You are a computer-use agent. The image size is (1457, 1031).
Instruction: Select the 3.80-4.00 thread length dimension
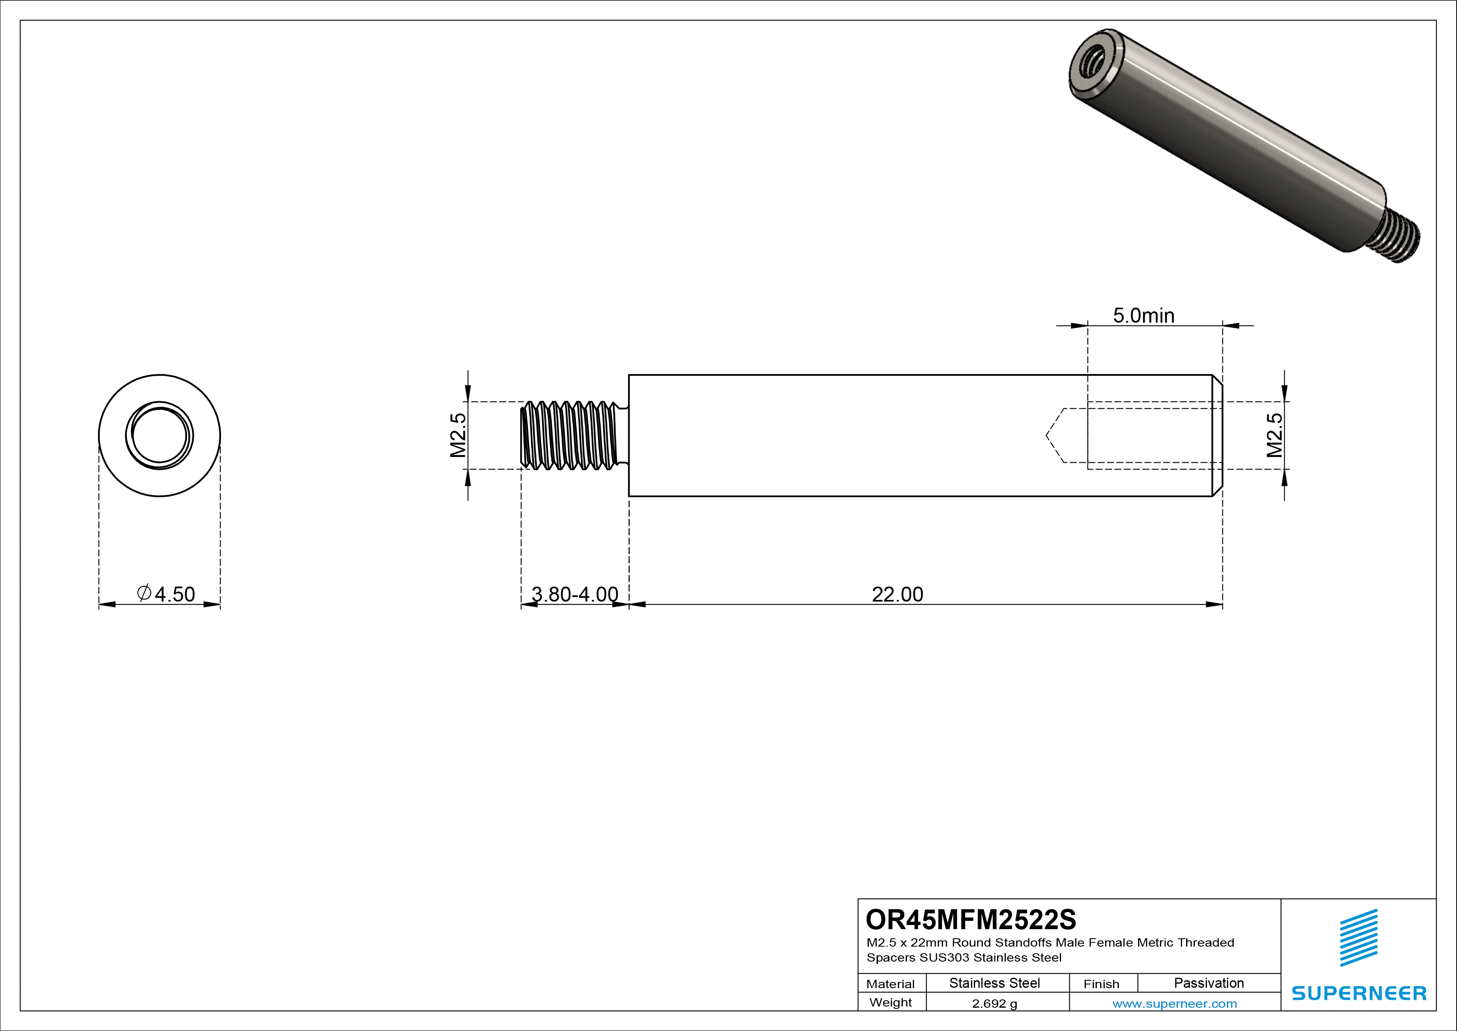[x=574, y=594]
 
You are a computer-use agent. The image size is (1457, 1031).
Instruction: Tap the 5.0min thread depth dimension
[x=1143, y=316]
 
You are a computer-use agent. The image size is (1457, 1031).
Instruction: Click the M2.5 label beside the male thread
[x=458, y=436]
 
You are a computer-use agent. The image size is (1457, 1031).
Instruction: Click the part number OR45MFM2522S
[x=971, y=919]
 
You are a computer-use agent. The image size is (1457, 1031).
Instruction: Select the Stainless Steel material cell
[x=994, y=983]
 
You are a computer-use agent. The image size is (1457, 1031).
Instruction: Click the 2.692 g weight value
[x=994, y=1004]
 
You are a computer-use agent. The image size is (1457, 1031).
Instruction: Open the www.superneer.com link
[x=1174, y=1004]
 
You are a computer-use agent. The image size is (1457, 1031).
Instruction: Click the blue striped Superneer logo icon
[x=1359, y=938]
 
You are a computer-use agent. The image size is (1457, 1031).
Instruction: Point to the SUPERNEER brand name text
[x=1359, y=993]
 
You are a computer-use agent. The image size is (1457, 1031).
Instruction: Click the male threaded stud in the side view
[x=569, y=436]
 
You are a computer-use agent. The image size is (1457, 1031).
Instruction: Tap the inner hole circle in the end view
[x=159, y=436]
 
